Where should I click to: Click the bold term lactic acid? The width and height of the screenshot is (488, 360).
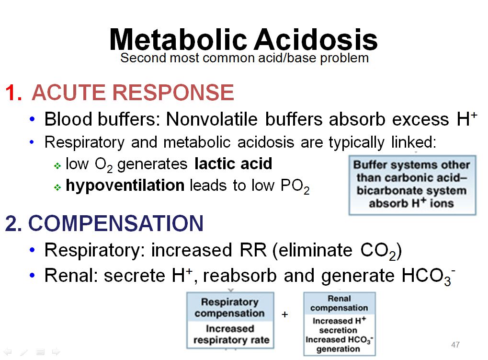233,164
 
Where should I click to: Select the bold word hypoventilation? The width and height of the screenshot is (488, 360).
125,185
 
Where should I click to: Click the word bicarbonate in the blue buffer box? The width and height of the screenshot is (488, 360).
384,191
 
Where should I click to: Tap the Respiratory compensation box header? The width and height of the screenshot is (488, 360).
229,308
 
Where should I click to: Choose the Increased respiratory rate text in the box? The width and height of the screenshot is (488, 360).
231,335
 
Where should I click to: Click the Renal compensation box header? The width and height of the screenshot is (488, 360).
339,303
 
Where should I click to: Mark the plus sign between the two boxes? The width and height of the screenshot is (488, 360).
285,315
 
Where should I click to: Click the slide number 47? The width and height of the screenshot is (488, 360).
455,345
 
